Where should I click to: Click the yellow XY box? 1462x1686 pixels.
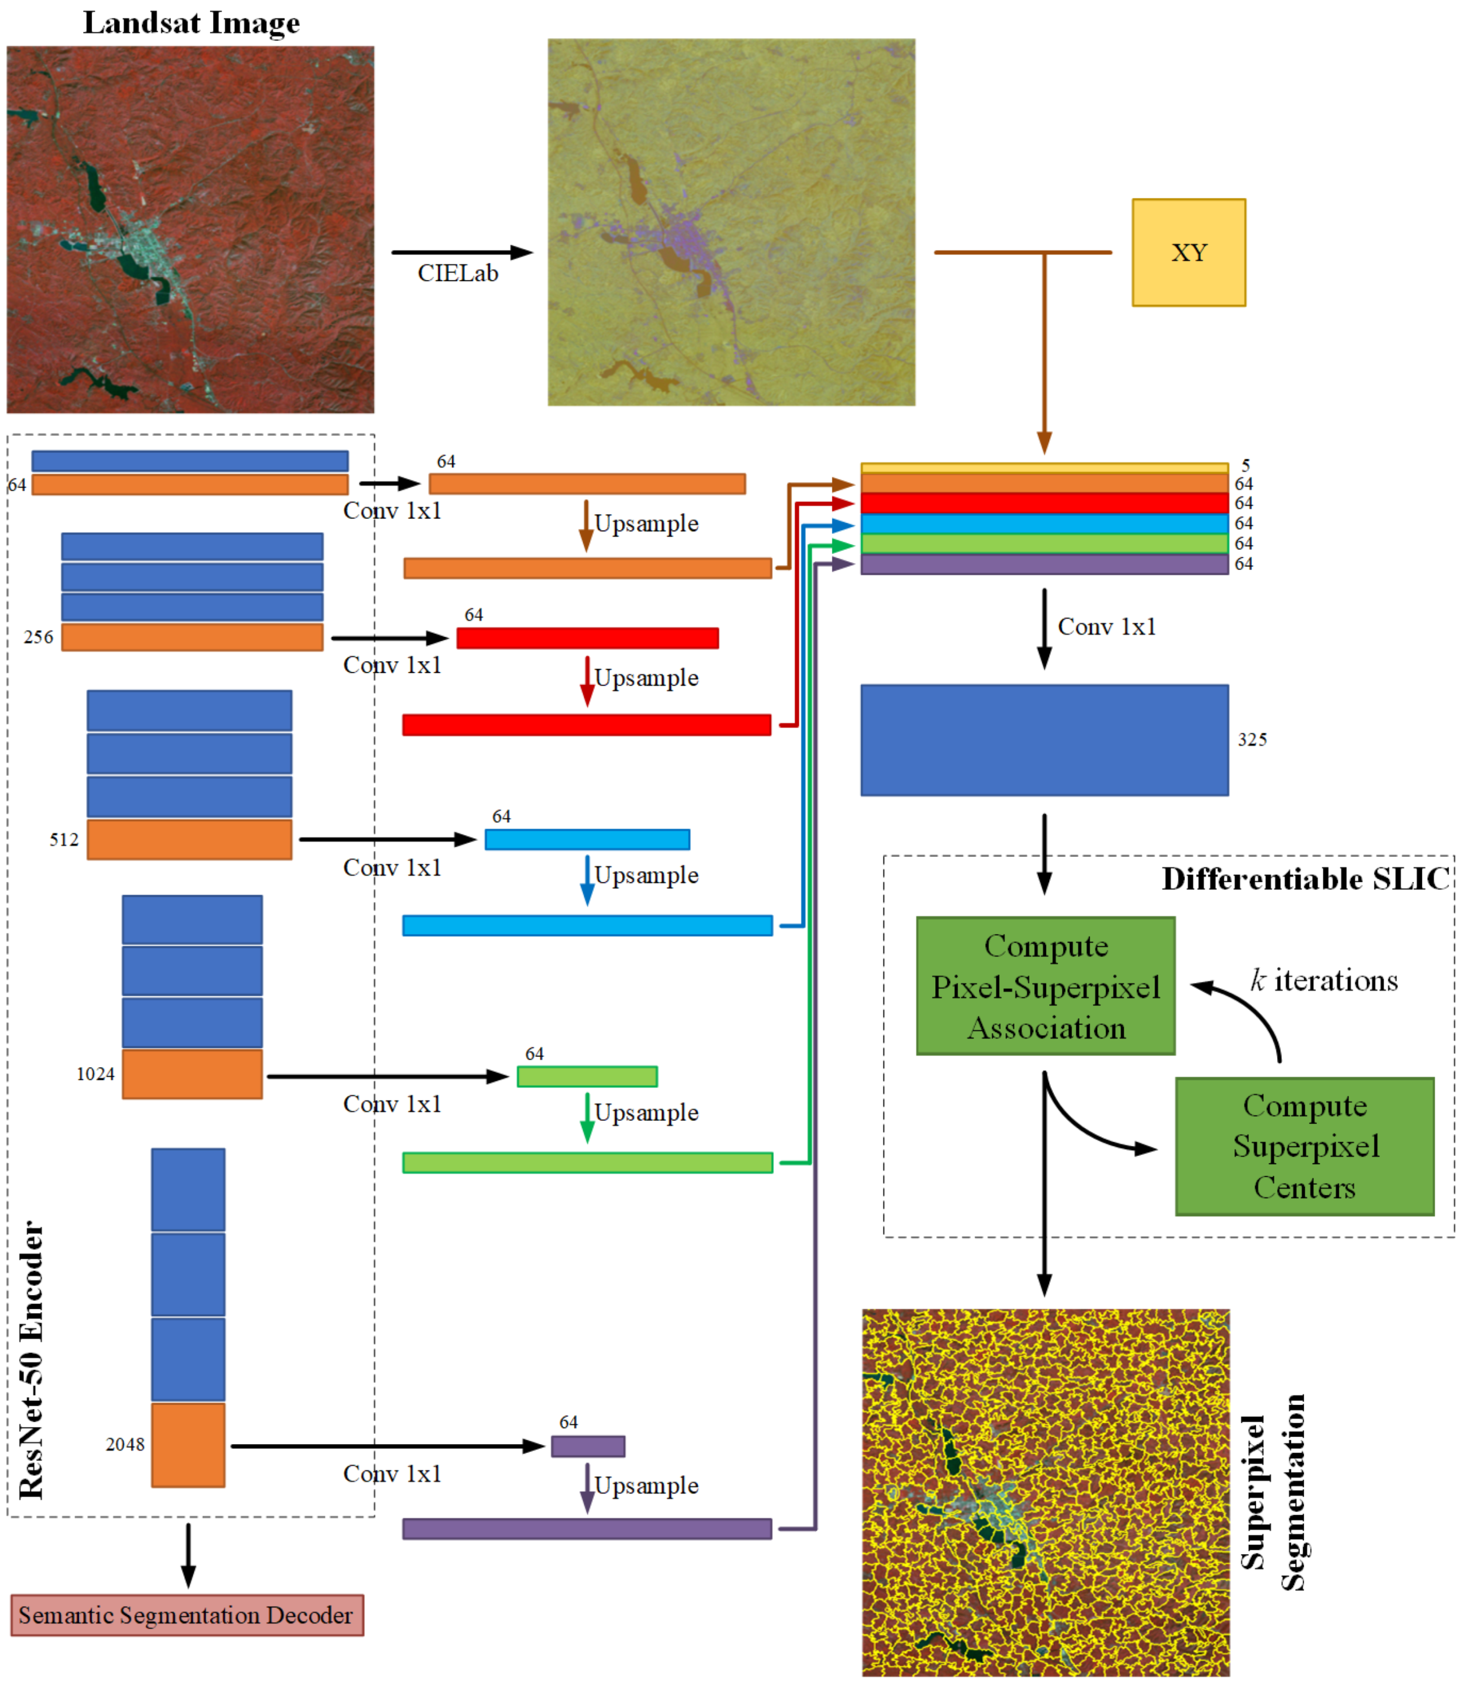[1188, 253]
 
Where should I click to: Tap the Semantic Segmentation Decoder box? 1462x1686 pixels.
[187, 1615]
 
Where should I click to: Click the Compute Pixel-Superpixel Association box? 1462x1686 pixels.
[1045, 986]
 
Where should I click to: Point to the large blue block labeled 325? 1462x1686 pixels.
[1044, 740]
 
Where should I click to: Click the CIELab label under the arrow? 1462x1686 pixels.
[458, 273]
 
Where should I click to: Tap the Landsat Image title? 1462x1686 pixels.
[191, 23]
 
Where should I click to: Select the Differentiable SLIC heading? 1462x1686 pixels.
[1305, 879]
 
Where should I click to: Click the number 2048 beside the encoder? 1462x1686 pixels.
[125, 1445]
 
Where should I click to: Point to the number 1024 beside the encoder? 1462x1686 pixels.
[95, 1074]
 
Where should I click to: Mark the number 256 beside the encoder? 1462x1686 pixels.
[38, 637]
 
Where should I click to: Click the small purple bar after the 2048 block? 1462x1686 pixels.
[588, 1446]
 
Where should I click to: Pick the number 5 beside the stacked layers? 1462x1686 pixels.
[1246, 466]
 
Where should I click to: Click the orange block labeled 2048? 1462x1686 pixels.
[188, 1445]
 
